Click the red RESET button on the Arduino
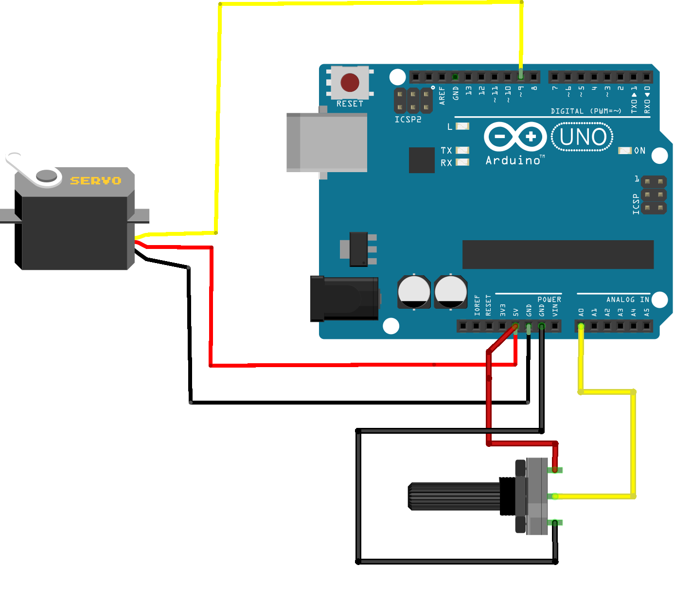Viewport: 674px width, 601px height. click(350, 83)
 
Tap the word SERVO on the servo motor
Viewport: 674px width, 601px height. click(96, 181)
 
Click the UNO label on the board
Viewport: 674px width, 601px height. click(583, 137)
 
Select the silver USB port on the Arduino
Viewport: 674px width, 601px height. click(327, 142)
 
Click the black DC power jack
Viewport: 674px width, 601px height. click(344, 299)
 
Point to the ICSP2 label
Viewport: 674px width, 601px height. click(408, 120)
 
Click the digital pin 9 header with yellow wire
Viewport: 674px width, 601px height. click(521, 76)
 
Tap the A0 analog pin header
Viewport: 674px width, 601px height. click(581, 326)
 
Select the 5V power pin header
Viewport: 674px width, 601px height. click(515, 326)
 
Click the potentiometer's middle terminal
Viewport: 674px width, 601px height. click(554, 496)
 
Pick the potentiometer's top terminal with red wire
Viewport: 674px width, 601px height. click(555, 470)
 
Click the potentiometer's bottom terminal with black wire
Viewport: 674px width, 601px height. click(555, 522)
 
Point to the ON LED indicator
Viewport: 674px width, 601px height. click(624, 151)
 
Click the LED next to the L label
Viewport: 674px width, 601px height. click(462, 126)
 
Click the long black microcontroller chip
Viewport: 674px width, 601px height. click(558, 254)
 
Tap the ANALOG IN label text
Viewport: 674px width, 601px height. click(627, 300)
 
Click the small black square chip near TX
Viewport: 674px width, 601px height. click(422, 160)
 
